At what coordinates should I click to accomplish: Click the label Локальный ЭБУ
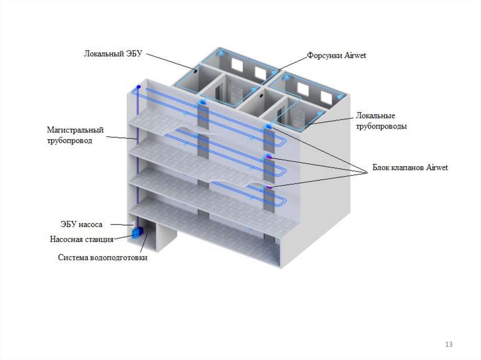(112, 54)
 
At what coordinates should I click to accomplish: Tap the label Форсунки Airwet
(336, 55)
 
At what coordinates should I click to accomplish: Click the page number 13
(449, 345)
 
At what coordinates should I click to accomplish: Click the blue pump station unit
(138, 232)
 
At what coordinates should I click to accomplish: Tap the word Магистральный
(75, 130)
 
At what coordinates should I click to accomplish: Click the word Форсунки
(323, 55)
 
